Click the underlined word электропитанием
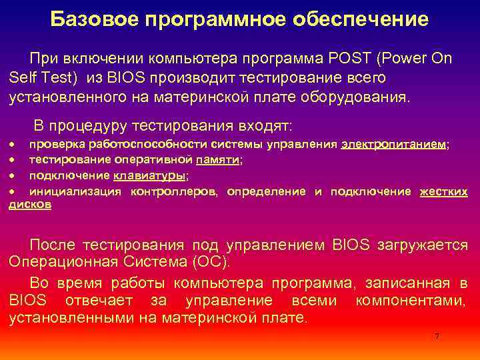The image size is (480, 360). click(x=394, y=145)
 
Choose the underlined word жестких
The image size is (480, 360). click(x=443, y=191)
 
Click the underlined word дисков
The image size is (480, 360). click(x=31, y=205)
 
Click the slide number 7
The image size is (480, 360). click(x=437, y=336)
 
